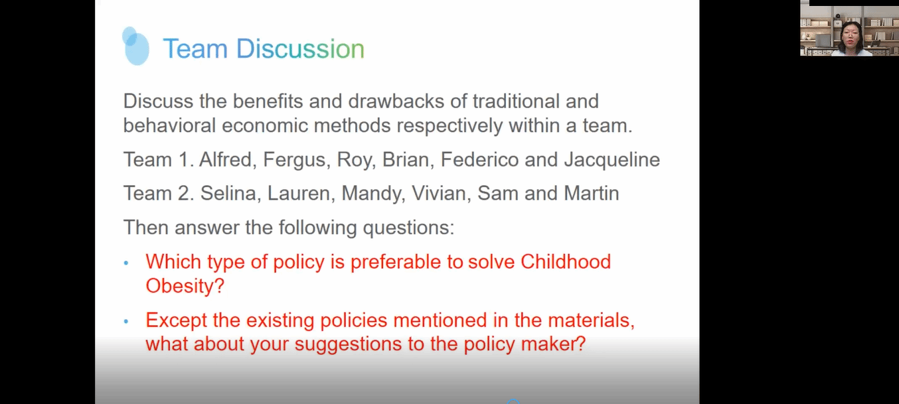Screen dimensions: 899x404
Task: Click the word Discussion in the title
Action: tap(300, 49)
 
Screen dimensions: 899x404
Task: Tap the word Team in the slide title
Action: tap(195, 49)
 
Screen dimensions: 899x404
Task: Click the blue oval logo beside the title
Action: tap(135, 46)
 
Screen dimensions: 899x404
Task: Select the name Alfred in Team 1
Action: tap(226, 159)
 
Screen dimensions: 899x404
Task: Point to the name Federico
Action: tap(479, 159)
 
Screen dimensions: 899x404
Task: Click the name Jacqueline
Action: tap(612, 160)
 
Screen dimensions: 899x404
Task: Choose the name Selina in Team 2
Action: tap(228, 193)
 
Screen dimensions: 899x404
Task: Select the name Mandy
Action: tap(371, 194)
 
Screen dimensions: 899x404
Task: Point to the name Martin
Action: tap(591, 193)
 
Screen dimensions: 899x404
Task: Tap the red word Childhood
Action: tap(566, 261)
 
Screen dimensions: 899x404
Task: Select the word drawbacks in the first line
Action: tap(396, 101)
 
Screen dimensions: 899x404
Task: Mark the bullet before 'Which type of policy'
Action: tap(126, 263)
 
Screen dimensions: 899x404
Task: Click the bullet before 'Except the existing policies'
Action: tap(126, 321)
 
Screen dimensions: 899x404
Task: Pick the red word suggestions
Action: tap(348, 344)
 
